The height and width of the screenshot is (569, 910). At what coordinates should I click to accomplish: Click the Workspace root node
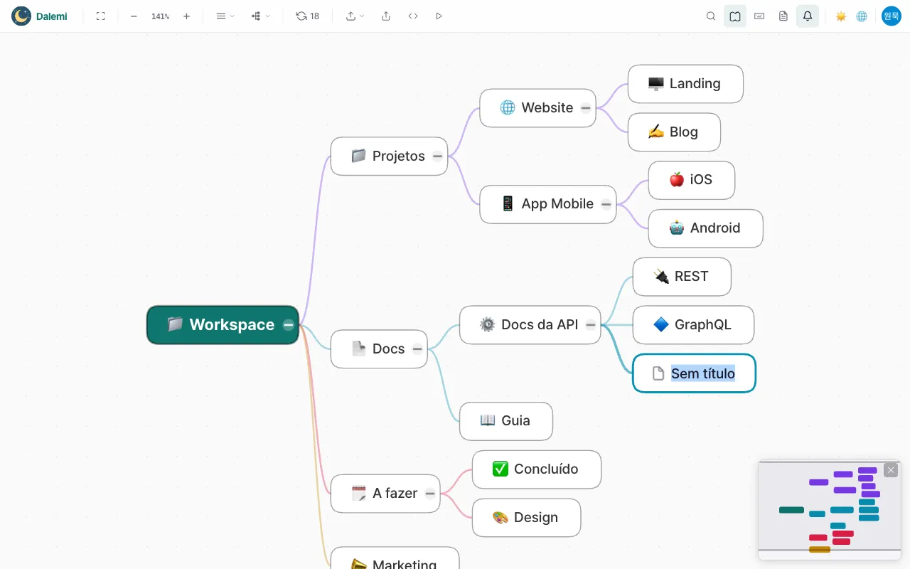coord(223,325)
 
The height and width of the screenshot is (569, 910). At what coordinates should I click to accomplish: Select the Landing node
coord(685,84)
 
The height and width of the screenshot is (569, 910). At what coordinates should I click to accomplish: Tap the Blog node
coord(674,132)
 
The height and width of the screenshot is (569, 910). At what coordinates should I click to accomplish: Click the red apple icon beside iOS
coord(676,180)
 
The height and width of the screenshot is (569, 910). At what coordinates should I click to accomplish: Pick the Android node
coord(705,228)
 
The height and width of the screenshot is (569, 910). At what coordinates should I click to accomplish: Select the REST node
coord(682,277)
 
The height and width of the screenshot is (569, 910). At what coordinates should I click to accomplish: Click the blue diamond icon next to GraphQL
coord(661,325)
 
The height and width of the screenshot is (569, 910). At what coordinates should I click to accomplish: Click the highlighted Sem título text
coord(703,373)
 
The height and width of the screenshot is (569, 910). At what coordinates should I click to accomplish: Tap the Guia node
coord(505,421)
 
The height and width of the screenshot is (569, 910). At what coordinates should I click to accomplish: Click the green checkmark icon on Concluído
coord(500,469)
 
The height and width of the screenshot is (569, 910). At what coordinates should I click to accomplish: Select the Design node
coord(526,518)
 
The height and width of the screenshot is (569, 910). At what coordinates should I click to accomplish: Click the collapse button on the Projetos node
coord(437,156)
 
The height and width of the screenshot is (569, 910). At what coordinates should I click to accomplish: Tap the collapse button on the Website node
coord(585,108)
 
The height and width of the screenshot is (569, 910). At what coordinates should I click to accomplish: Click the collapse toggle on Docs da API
coord(590,325)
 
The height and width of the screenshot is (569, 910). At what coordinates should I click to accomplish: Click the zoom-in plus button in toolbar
coord(186,16)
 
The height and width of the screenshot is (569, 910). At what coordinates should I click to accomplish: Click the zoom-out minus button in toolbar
coord(134,16)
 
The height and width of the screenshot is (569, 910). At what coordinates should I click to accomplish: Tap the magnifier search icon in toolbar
coord(710,16)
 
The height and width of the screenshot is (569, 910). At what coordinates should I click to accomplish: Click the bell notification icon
coord(807,16)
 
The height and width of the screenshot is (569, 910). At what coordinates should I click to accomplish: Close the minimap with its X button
coord(891,470)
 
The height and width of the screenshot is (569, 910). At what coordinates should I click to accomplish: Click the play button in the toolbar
coord(439,16)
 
